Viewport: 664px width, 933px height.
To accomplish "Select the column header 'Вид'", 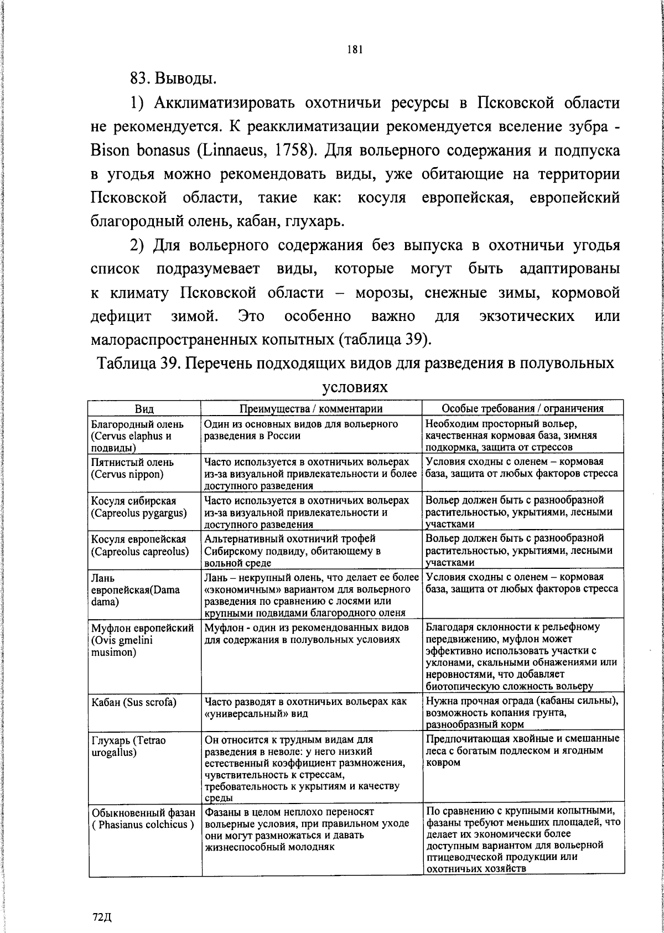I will tap(144, 408).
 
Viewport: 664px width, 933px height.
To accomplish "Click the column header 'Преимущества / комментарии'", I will tap(311, 408).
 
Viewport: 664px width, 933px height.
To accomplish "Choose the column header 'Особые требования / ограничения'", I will tap(522, 408).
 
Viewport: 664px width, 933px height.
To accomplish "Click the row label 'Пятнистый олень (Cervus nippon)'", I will tap(133, 468).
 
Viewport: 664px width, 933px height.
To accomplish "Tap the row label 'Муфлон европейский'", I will tap(142, 628).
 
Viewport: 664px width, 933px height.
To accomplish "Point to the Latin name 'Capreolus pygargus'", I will tap(138, 513).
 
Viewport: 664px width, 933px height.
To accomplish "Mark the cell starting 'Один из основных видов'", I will tap(302, 429).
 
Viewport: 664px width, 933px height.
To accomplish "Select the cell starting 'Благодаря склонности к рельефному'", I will tap(522, 656).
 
